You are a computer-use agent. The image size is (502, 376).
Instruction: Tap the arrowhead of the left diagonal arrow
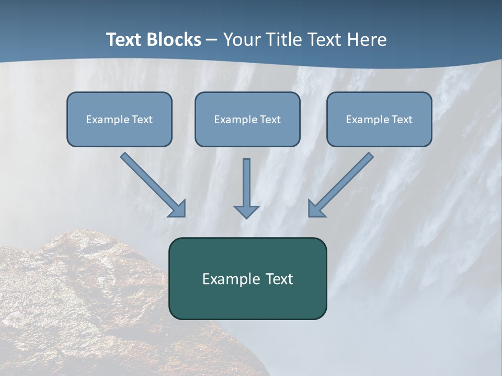178,208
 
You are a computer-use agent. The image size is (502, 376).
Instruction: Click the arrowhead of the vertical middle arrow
246,211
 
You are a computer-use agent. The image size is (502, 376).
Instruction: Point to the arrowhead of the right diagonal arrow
316,208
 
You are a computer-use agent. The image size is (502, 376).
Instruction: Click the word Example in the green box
227,279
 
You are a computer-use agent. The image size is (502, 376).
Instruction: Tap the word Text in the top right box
402,120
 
